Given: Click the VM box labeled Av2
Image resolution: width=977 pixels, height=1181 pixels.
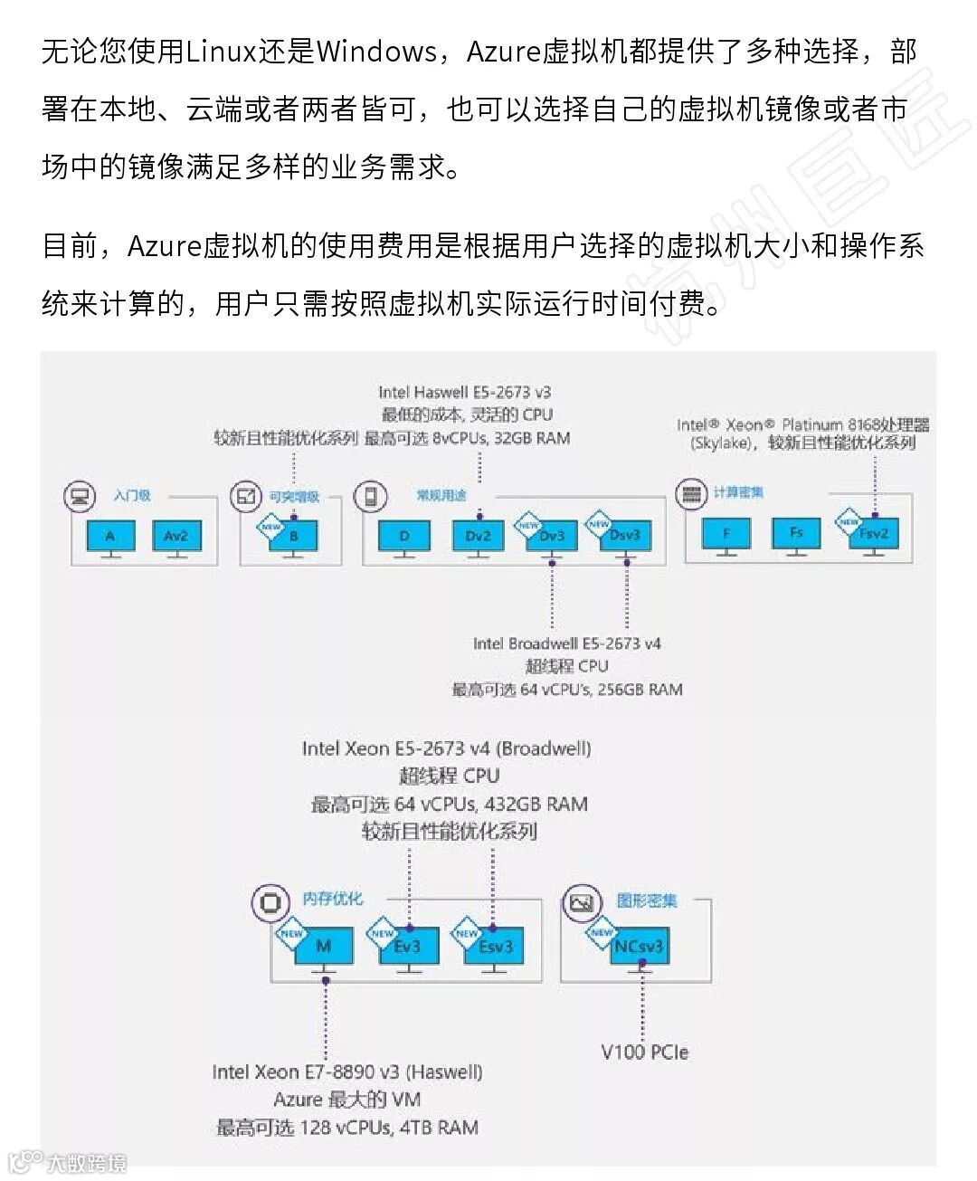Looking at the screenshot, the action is tap(176, 537).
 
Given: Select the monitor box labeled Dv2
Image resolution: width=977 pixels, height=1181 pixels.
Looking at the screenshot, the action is tap(478, 537).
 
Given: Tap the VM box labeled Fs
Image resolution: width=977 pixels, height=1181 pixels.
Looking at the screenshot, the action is tap(795, 533).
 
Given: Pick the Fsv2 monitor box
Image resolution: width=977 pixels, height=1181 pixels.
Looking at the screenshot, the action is tap(874, 534).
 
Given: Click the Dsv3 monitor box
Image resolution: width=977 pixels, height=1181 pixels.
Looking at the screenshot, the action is tap(625, 537).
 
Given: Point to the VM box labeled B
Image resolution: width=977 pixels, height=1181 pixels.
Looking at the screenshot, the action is tap(293, 537).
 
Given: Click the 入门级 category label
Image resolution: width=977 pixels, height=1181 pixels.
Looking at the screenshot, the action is tap(132, 496).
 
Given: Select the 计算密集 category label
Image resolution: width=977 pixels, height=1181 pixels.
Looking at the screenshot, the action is tap(738, 492).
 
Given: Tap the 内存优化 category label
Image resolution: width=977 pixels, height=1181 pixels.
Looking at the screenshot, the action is tap(332, 899).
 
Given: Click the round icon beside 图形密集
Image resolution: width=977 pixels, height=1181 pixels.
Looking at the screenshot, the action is tap(582, 902).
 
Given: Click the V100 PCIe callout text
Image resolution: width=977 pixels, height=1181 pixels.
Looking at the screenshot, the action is tap(644, 1052).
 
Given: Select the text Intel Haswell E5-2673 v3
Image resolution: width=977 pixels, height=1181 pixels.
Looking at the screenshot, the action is tap(464, 393).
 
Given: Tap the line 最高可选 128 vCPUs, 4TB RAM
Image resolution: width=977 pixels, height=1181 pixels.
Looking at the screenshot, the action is tap(347, 1128).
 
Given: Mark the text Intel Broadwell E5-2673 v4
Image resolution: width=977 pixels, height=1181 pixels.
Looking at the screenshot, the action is tap(567, 644).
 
